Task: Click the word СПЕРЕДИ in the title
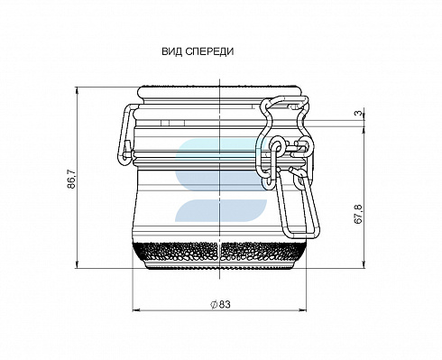209,51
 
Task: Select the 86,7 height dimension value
71,179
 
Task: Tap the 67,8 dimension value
358,214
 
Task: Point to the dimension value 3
358,113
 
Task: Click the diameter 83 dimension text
220,304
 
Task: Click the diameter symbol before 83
214,304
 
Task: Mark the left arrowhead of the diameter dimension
136,309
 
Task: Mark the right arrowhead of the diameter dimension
302,309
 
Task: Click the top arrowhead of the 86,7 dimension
77,91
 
